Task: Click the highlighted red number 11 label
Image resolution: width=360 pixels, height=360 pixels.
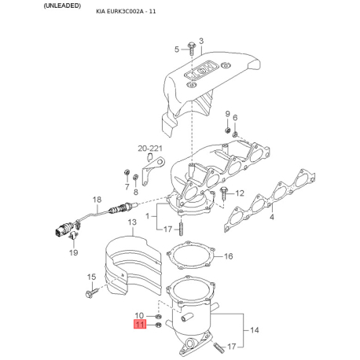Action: click(x=140, y=325)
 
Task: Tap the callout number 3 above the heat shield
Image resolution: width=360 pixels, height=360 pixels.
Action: click(x=201, y=41)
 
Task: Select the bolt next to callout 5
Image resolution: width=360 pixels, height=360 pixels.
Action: click(x=191, y=48)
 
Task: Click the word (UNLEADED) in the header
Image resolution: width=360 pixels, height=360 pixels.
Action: click(x=62, y=6)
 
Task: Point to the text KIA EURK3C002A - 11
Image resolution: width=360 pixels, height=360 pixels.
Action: click(x=126, y=12)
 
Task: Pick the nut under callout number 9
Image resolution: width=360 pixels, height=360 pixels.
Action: click(x=227, y=130)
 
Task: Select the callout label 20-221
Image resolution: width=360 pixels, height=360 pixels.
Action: click(x=150, y=149)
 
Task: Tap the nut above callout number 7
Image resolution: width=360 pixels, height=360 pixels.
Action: click(x=126, y=173)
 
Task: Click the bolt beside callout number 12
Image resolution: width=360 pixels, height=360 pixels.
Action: click(x=224, y=193)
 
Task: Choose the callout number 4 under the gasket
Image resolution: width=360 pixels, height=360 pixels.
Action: click(x=272, y=217)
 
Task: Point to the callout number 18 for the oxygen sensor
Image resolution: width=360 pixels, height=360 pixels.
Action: click(x=97, y=200)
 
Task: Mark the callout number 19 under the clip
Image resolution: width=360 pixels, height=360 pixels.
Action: click(x=74, y=252)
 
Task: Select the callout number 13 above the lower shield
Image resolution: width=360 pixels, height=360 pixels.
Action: click(x=132, y=222)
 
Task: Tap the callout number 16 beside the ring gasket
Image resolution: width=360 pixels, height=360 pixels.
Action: click(x=229, y=256)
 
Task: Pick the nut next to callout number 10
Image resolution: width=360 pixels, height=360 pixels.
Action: click(x=158, y=316)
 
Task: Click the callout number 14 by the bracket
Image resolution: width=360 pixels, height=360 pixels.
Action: click(x=254, y=330)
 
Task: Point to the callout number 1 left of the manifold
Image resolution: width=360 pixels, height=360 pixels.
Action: click(x=148, y=216)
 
